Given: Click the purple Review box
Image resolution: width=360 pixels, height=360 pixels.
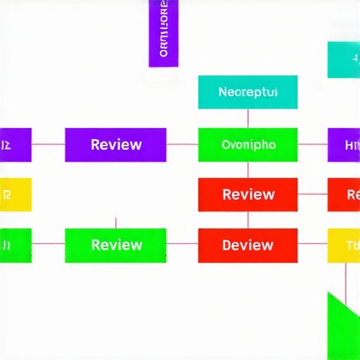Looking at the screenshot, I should coord(115,145).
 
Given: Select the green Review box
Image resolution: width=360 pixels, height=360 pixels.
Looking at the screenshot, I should coord(115,245).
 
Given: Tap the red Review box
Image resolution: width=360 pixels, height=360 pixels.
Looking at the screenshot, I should coord(247,195).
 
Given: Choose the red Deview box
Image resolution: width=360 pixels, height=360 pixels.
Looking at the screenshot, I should coord(247,245).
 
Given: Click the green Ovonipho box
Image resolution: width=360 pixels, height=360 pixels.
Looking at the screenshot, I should coord(247,145).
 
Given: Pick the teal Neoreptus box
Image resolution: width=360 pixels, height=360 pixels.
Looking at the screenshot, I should coord(247,93).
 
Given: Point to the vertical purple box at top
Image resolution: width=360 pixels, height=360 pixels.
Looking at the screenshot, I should coord(163,33).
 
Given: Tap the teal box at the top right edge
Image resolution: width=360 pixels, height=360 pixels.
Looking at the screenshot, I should coord(344,60).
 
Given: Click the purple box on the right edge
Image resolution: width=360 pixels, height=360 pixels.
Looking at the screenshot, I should coord(344,145).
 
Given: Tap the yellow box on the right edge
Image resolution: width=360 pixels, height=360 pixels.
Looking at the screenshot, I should coord(344,245).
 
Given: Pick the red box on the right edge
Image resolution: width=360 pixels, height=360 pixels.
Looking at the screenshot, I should coord(344,195).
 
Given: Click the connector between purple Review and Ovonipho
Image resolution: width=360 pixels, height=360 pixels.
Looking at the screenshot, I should coord(182,145).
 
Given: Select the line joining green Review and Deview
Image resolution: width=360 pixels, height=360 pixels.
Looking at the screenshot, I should coord(182,245).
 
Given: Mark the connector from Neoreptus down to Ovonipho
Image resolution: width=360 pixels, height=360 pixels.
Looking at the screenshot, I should coord(247,118).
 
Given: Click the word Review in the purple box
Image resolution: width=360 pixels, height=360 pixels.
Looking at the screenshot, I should coord(116,145).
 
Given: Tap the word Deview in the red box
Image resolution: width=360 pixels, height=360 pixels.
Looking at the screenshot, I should coord(247,245).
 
